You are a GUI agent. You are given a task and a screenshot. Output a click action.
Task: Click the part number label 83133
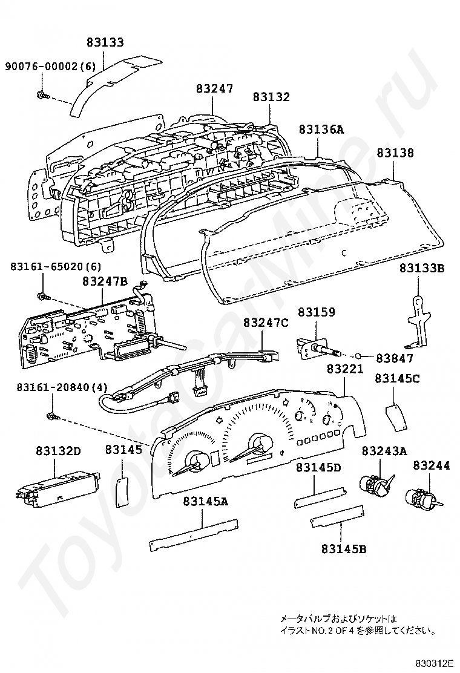[105, 42]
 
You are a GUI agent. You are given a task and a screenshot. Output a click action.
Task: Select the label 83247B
[105, 281]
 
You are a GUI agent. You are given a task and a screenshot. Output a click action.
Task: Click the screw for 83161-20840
[51, 415]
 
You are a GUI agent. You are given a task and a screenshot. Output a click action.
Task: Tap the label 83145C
[397, 379]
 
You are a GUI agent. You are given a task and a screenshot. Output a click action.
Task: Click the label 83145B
[344, 548]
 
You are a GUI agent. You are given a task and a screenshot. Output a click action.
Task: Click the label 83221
[345, 369]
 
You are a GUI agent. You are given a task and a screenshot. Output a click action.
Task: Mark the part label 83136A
[322, 129]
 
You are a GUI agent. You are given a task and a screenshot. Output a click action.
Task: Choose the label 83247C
[266, 323]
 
